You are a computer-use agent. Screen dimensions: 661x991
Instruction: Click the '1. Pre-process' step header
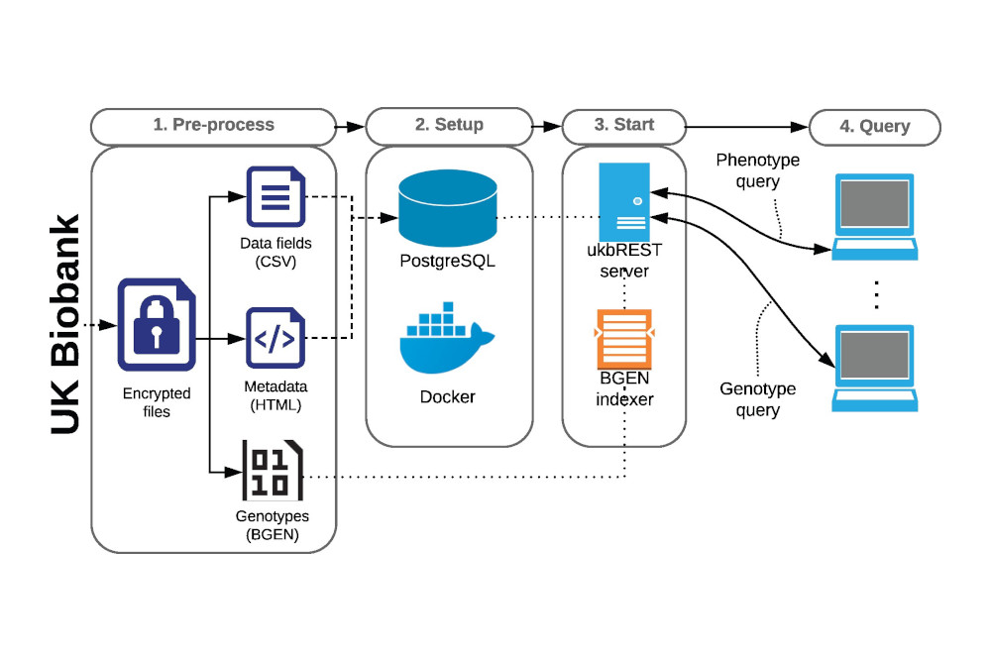click(x=213, y=126)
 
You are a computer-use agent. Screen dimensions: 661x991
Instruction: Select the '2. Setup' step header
click(x=449, y=126)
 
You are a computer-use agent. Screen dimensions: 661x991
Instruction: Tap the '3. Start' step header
click(x=623, y=126)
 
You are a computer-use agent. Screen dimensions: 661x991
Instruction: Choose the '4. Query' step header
click(x=874, y=126)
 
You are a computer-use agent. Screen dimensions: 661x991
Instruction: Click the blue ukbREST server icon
click(x=624, y=201)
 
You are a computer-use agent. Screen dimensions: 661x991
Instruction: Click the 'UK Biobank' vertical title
click(x=66, y=324)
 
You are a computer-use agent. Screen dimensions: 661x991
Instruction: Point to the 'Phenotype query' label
click(x=757, y=169)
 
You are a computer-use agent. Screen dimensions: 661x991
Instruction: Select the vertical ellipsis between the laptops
click(x=876, y=293)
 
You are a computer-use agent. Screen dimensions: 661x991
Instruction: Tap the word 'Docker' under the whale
click(x=447, y=396)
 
